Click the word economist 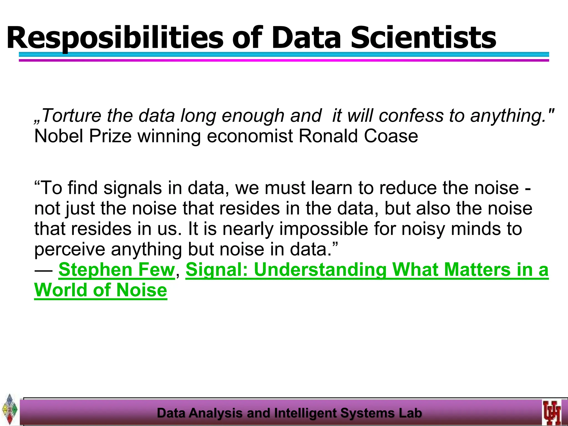click(x=250, y=136)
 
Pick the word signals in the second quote click(x=133, y=188)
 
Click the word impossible click(x=323, y=229)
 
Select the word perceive click(x=70, y=249)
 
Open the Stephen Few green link click(x=116, y=270)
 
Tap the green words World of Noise click(x=100, y=290)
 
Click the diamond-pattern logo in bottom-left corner click(x=10, y=409)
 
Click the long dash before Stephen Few click(x=44, y=270)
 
